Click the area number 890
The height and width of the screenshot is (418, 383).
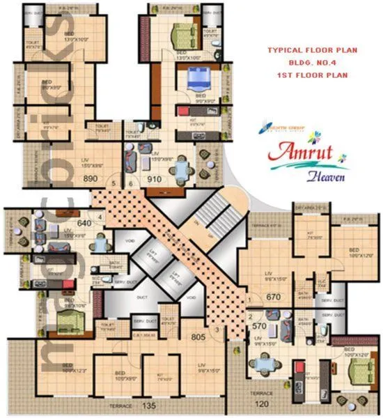click(x=91, y=179)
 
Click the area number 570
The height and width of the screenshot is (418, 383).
click(x=260, y=325)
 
